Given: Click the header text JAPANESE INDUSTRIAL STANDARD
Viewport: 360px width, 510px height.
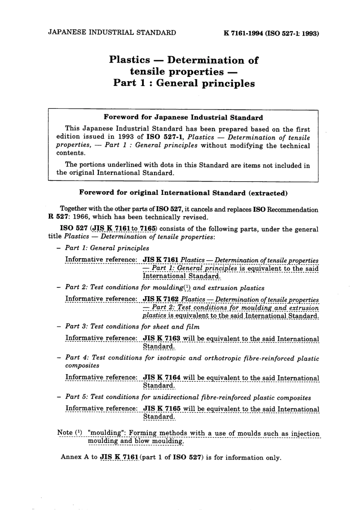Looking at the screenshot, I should pos(112,33).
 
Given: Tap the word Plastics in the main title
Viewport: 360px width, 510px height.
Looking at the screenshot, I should pos(129,60).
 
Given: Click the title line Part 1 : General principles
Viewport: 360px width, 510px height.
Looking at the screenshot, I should pos(184,83).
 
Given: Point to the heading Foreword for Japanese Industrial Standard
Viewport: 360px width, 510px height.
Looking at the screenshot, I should pos(183,118).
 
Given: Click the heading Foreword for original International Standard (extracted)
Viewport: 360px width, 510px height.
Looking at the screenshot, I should pos(183,193).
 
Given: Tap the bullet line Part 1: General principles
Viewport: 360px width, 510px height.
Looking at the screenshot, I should pos(107,248).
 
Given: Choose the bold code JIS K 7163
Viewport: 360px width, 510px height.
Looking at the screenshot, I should pos(161,339).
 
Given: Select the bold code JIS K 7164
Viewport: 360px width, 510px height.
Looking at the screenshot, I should pos(161,378).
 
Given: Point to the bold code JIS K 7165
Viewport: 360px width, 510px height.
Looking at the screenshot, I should pos(161,409).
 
